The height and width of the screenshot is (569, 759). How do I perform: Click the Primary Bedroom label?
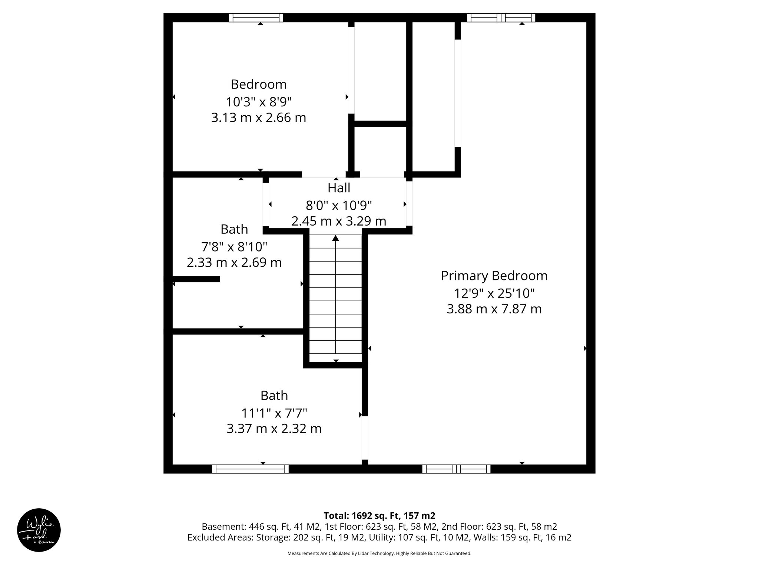click(494, 276)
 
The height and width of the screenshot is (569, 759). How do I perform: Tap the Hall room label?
click(339, 188)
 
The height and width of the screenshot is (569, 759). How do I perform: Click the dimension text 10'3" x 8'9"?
click(259, 102)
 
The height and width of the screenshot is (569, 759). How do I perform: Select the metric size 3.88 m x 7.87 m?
click(494, 309)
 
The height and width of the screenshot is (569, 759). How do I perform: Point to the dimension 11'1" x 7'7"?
click(274, 412)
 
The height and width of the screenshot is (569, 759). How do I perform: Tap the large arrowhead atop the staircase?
click(335, 238)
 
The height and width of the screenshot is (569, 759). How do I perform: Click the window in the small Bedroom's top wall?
click(256, 17)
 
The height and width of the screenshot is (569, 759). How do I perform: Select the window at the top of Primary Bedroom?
click(501, 17)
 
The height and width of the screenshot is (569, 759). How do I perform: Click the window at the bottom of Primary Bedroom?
click(456, 469)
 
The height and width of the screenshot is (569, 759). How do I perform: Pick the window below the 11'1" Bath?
click(250, 469)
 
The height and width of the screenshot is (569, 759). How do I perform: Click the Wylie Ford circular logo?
click(39, 530)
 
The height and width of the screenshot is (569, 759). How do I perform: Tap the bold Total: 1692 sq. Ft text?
click(379, 516)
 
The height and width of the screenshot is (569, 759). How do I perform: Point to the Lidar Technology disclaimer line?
click(379, 553)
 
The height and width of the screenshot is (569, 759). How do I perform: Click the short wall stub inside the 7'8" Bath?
click(196, 279)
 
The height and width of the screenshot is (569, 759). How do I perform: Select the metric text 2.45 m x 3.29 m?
click(339, 221)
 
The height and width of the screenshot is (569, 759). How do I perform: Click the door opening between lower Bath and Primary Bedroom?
click(365, 438)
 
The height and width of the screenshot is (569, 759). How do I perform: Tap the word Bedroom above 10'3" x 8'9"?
click(259, 84)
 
